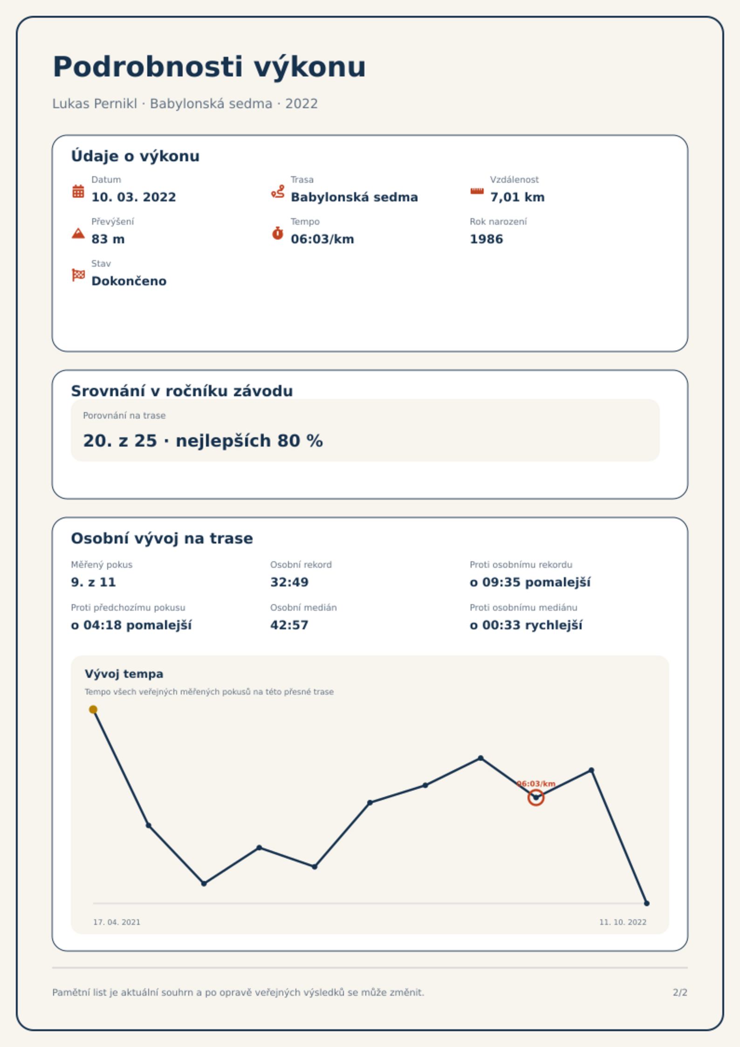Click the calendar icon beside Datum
[x=78, y=191]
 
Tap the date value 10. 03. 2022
[x=134, y=197]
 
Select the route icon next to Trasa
[x=278, y=191]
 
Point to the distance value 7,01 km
[x=517, y=197]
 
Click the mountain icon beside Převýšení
[x=78, y=233]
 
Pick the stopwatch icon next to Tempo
[x=278, y=233]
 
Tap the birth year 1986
[x=486, y=239]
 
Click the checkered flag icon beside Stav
[x=78, y=275]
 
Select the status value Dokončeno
[x=129, y=281]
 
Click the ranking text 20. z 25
[x=120, y=441]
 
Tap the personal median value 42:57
[x=289, y=625]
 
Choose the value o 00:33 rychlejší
[x=526, y=625]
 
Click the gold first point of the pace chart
[x=93, y=709]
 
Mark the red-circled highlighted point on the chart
[x=536, y=798]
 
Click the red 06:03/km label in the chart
[x=536, y=784]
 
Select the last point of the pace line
[x=646, y=903]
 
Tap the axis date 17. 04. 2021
[x=116, y=922]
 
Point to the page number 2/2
[x=680, y=992]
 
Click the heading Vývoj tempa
[x=124, y=674]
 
